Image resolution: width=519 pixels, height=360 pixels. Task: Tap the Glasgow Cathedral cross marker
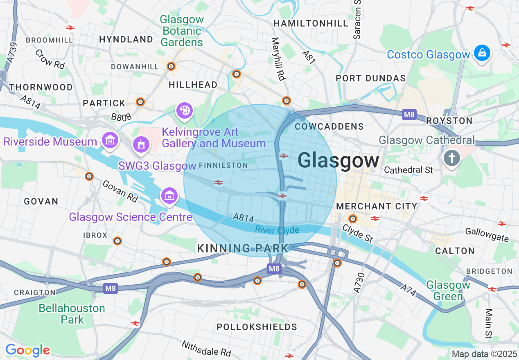point(451,158)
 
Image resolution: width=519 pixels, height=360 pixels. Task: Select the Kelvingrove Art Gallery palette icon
point(185,110)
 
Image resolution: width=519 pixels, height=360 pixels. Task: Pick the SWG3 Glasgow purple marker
point(141,144)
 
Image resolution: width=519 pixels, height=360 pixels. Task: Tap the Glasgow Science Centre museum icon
point(169,197)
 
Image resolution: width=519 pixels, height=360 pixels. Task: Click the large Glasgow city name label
point(338,160)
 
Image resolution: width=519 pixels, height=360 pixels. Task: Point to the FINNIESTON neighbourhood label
point(223,165)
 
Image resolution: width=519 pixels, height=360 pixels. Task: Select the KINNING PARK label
point(243,248)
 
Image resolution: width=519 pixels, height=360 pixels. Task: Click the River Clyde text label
point(277,230)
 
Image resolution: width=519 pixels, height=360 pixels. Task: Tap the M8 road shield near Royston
point(409,115)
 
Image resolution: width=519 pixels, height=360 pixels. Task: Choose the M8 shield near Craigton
point(111,288)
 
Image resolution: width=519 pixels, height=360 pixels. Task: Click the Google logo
point(27,350)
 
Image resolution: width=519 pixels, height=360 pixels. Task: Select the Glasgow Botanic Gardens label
point(182,31)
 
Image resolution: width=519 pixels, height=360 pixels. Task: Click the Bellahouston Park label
point(72,314)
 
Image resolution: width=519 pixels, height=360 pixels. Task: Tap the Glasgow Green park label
point(448,290)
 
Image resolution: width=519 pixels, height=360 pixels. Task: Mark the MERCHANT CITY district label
point(377,206)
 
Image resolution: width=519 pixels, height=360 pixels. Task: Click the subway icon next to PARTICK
point(141,101)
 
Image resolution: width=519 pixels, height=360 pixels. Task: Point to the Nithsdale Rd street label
point(206,348)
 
